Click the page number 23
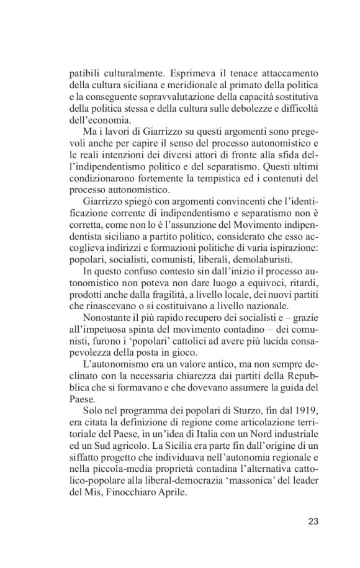click(313, 521)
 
